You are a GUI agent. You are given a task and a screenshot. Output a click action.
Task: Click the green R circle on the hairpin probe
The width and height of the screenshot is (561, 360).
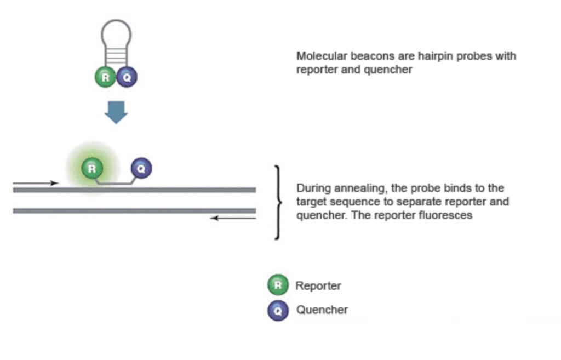(106, 77)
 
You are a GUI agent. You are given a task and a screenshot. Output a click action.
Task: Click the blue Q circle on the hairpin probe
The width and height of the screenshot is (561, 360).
(127, 77)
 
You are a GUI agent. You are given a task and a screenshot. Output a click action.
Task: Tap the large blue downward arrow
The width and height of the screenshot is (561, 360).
(116, 111)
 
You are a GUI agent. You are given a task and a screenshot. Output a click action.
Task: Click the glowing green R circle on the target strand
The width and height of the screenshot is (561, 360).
(92, 168)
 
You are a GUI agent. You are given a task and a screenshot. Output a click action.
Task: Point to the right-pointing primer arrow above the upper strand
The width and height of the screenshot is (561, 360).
(36, 182)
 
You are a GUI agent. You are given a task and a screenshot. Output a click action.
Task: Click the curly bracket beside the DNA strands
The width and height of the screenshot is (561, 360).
(278, 202)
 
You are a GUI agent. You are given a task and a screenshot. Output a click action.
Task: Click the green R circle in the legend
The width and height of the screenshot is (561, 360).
(278, 285)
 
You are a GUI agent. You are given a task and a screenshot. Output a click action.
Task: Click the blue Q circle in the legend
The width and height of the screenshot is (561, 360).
(278, 311)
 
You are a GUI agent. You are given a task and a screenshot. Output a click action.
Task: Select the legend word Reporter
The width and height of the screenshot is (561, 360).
(318, 286)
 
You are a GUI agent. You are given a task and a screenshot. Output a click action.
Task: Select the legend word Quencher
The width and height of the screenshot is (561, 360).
(322, 310)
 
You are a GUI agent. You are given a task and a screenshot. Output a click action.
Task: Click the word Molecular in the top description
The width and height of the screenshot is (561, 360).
(318, 56)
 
